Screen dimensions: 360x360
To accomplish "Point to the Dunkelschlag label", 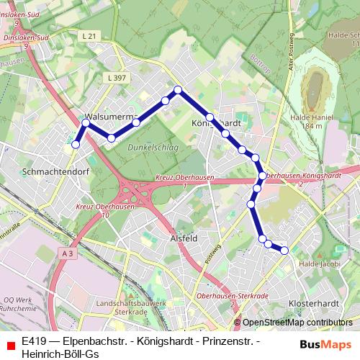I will (154, 147).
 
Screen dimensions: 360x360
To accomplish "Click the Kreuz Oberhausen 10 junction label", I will (96, 211).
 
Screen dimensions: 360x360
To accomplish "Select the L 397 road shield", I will (116, 76).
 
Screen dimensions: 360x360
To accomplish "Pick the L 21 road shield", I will (89, 36).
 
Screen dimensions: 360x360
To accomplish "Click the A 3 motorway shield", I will (68, 253).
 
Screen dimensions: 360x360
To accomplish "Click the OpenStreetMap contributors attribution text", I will (297, 323).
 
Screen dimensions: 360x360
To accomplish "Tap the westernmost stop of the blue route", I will (76, 145).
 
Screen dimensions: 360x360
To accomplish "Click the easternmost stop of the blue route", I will (284, 251).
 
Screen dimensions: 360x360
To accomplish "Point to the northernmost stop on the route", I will (178, 90).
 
